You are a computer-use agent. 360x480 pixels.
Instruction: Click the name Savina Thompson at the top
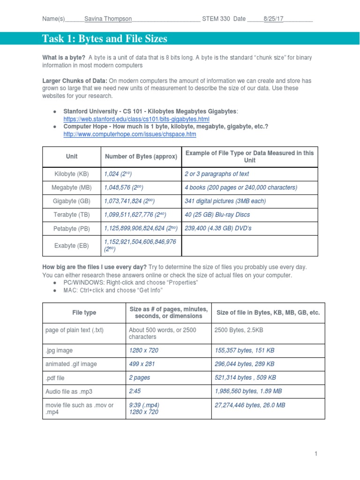click(x=108, y=19)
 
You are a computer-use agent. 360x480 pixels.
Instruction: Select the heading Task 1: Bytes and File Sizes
click(x=105, y=39)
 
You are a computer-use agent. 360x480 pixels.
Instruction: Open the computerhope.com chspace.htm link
click(x=130, y=135)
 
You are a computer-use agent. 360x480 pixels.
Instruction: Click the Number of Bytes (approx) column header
click(x=141, y=157)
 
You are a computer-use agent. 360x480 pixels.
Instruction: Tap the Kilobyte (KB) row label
click(x=72, y=174)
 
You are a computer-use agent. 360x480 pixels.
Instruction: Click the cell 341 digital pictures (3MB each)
click(x=225, y=201)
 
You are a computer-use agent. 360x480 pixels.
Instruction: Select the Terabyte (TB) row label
click(x=72, y=215)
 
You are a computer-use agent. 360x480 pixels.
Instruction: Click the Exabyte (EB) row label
click(x=72, y=245)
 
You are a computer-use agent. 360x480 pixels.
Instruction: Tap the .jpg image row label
click(x=59, y=350)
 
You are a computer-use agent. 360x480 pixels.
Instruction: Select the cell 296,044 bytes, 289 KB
click(x=244, y=364)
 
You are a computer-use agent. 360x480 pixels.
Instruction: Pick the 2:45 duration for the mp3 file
click(x=135, y=391)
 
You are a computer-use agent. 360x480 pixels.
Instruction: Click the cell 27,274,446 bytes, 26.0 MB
click(x=249, y=405)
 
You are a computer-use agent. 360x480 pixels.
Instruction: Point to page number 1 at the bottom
click(x=316, y=454)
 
